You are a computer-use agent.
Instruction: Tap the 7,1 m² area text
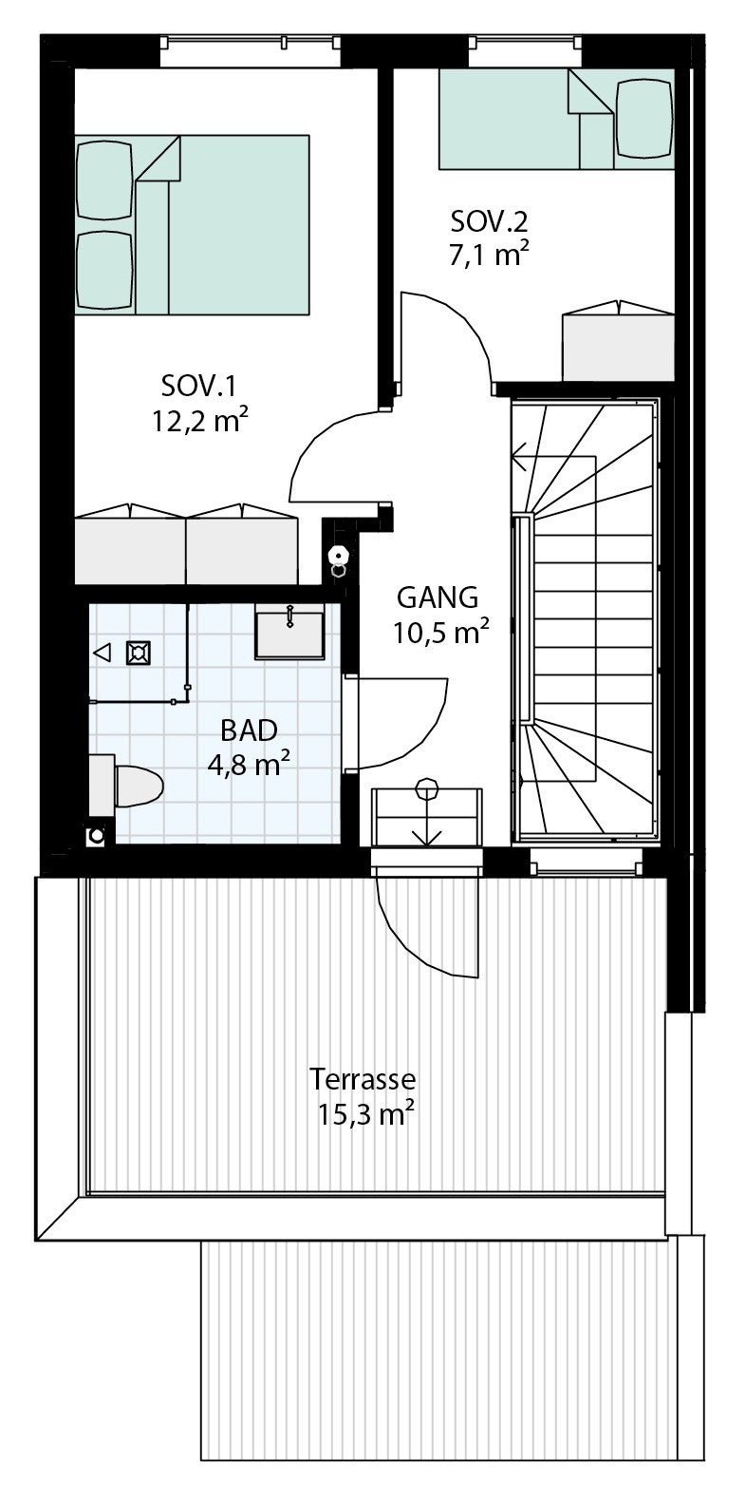(x=490, y=256)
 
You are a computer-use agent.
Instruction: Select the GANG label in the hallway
(x=437, y=597)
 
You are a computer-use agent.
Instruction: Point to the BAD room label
(x=249, y=730)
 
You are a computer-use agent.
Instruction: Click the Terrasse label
(x=363, y=1080)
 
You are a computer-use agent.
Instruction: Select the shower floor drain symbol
(x=139, y=653)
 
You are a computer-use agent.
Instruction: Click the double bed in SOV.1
(x=193, y=224)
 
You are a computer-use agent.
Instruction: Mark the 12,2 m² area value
(x=200, y=420)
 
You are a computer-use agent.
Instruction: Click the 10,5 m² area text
(x=441, y=633)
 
